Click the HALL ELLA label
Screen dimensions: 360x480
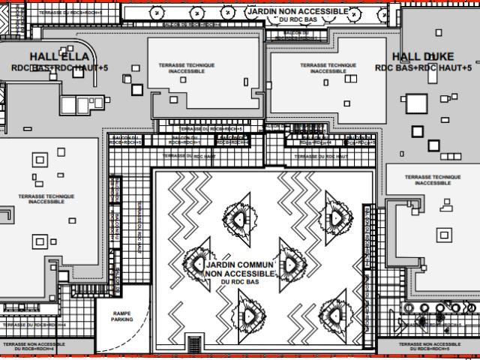(x=59, y=57)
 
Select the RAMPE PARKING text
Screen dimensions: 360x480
(x=122, y=316)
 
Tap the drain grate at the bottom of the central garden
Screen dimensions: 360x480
(x=194, y=344)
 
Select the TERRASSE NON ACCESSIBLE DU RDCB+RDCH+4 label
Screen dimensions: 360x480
(x=33, y=346)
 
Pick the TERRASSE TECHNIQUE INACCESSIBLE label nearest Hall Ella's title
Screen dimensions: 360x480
(x=186, y=67)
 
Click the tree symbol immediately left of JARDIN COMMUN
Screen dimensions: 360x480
(x=196, y=264)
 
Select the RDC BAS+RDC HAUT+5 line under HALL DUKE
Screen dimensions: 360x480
(x=424, y=67)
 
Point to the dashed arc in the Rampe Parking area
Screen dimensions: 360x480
(x=112, y=330)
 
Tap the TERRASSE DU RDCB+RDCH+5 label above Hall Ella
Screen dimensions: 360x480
(x=71, y=13)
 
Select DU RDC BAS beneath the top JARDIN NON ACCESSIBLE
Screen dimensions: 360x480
(x=295, y=20)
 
